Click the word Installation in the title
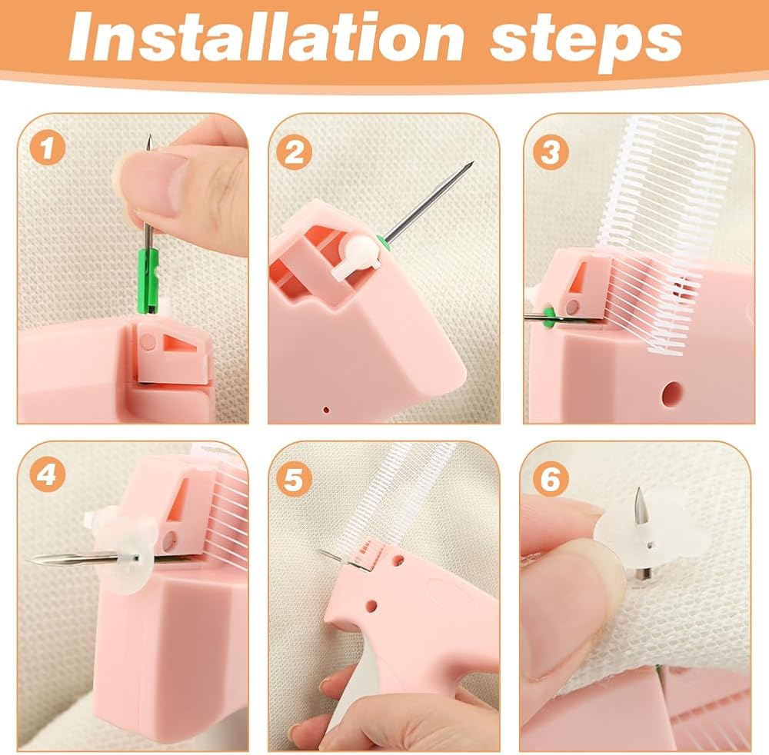(266, 36)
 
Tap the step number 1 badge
(47, 148)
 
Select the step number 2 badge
(295, 152)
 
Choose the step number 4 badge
(47, 475)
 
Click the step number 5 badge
(294, 478)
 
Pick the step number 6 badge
(551, 478)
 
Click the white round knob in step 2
(359, 255)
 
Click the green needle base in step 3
(549, 316)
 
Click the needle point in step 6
(638, 488)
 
